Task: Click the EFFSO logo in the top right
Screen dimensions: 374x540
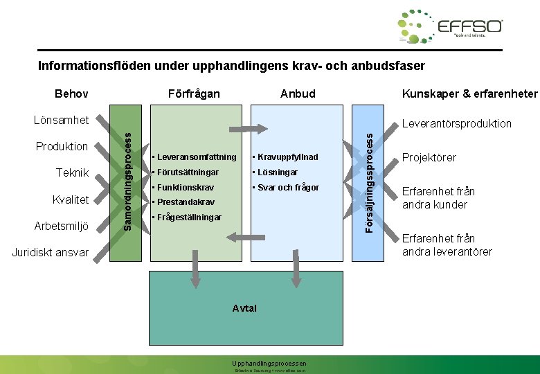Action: pyautogui.click(x=450, y=27)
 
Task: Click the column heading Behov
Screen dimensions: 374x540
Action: pyautogui.click(x=72, y=93)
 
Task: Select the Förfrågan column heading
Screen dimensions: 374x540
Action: pyautogui.click(x=195, y=93)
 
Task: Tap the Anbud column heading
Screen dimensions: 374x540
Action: pyautogui.click(x=298, y=93)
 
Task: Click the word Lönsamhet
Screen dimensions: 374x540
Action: pyautogui.click(x=62, y=121)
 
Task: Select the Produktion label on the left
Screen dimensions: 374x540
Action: pyautogui.click(x=62, y=146)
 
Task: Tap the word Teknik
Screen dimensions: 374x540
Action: pyautogui.click(x=71, y=173)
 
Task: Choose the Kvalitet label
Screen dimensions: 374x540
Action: pyautogui.click(x=71, y=199)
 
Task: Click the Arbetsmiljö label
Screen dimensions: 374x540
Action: pyautogui.click(x=62, y=226)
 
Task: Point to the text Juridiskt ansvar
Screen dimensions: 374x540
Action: pyautogui.click(x=51, y=253)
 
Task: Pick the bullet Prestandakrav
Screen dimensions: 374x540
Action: pyautogui.click(x=185, y=202)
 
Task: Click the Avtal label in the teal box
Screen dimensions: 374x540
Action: pyautogui.click(x=245, y=308)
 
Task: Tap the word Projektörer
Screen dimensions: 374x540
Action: pyautogui.click(x=429, y=157)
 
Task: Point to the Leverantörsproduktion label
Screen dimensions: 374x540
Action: pyautogui.click(x=457, y=123)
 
